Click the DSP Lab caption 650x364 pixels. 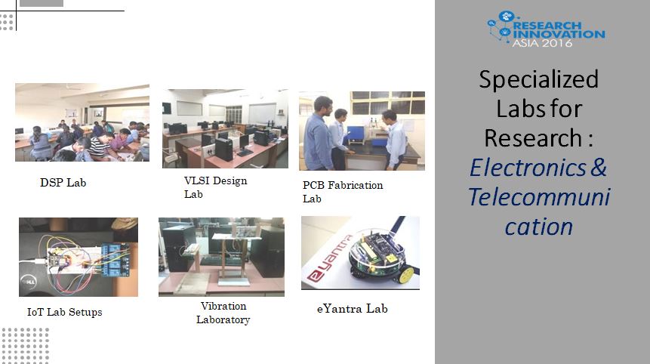63,183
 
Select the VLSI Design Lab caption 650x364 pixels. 216,187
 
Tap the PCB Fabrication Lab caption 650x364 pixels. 343,192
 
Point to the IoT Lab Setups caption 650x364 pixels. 65,312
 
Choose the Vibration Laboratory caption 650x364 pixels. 223,313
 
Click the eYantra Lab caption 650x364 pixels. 353,309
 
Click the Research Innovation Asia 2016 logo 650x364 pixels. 547,29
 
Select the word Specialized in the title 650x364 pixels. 538,79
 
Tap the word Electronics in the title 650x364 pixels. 528,168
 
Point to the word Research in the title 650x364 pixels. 533,137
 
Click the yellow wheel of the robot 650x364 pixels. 407,275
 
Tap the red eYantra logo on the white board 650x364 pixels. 330,259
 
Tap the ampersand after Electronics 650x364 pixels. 599,168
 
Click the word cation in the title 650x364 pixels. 539,227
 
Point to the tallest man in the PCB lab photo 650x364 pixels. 319,133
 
